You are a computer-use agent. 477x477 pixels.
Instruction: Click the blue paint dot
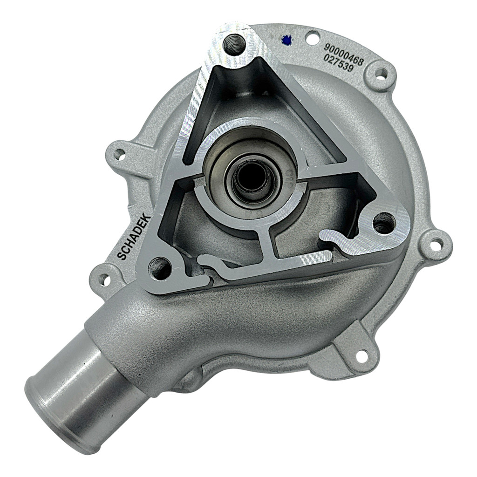(x=286, y=39)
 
